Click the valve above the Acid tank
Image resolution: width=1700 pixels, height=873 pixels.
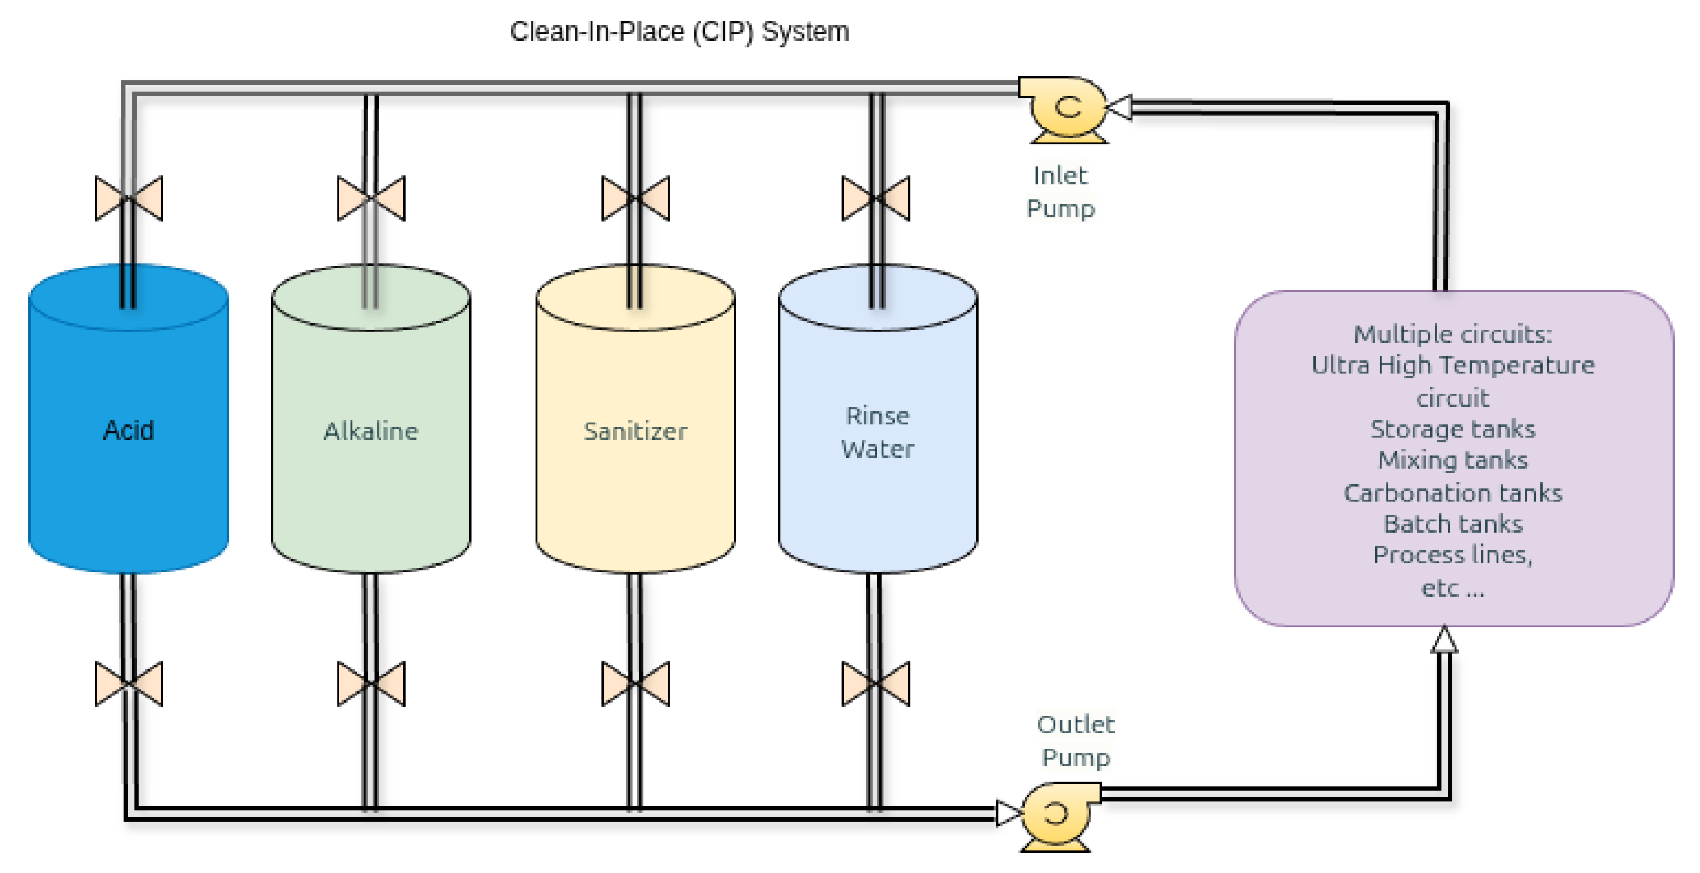pyautogui.click(x=129, y=198)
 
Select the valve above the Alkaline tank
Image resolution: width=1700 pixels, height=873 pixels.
pyautogui.click(x=371, y=198)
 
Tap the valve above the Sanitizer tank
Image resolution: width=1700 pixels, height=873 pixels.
pyautogui.click(x=636, y=198)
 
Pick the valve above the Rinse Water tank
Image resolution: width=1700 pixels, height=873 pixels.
pyautogui.click(x=876, y=198)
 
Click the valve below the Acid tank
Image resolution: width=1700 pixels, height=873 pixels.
pyautogui.click(x=129, y=683)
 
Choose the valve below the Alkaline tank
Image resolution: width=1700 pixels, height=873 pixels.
pyautogui.click(x=371, y=683)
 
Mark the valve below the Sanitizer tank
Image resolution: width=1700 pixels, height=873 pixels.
pyautogui.click(x=636, y=683)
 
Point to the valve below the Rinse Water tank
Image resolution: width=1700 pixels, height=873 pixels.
pyautogui.click(x=876, y=683)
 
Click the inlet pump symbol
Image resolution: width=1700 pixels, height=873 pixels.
pyautogui.click(x=1064, y=109)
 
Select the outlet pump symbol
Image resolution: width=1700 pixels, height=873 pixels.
pyautogui.click(x=1057, y=817)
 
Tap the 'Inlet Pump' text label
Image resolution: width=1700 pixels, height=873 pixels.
pyautogui.click(x=1061, y=192)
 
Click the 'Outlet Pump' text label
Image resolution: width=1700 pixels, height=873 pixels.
pyautogui.click(x=1076, y=741)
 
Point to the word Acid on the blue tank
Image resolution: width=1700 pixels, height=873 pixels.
pyautogui.click(x=129, y=430)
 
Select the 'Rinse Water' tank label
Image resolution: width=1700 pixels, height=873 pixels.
pyautogui.click(x=877, y=433)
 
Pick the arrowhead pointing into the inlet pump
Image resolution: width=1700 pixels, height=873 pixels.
pyautogui.click(x=1119, y=107)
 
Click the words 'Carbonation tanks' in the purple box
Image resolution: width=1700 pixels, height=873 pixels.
pyautogui.click(x=1453, y=493)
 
